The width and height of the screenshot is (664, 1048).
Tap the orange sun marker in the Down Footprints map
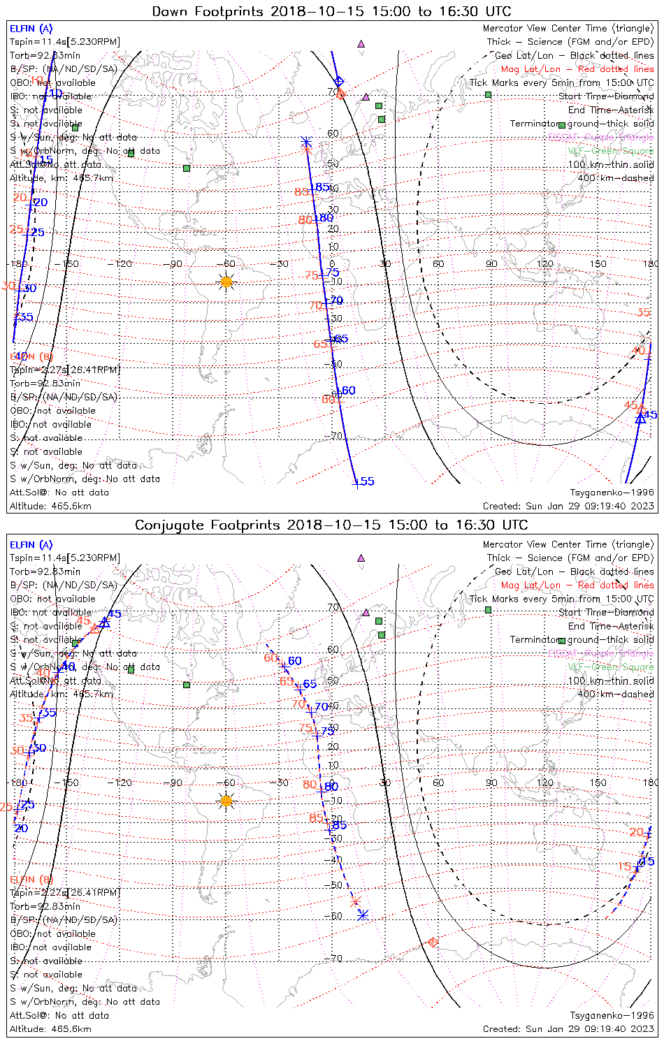click(x=226, y=282)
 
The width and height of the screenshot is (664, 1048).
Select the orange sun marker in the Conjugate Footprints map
click(x=226, y=801)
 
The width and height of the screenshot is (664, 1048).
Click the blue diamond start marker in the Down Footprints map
click(x=339, y=82)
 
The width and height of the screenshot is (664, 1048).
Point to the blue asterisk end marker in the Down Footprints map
click(x=305, y=142)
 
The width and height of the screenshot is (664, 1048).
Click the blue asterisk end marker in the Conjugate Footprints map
click(x=363, y=915)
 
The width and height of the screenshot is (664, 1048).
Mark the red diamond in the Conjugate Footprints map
click(x=433, y=943)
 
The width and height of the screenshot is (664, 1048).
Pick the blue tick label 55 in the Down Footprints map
click(x=367, y=481)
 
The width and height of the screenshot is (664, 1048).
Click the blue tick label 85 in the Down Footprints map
click(x=322, y=187)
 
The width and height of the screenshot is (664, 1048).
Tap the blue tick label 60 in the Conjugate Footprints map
click(x=295, y=661)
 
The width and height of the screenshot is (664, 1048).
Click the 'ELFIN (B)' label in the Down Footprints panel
click(x=31, y=357)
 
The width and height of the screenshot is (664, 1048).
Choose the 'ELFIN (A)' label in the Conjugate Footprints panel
click(x=31, y=545)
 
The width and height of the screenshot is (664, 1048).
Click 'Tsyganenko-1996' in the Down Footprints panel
click(x=612, y=493)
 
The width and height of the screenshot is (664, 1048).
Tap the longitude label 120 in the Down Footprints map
click(x=545, y=264)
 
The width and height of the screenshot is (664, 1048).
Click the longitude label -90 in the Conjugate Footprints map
click(x=175, y=783)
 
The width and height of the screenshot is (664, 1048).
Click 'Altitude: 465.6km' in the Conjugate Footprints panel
click(x=50, y=1029)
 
